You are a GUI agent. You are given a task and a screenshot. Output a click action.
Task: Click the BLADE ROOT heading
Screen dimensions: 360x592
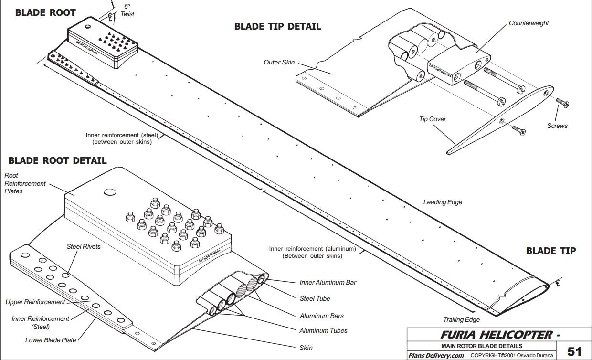click(x=45, y=13)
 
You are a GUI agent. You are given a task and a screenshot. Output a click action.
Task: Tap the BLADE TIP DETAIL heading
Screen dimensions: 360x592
click(x=277, y=27)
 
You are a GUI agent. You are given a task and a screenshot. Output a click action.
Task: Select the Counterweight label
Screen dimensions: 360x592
click(x=529, y=23)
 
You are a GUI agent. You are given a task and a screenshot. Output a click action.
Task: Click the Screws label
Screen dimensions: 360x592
click(x=557, y=126)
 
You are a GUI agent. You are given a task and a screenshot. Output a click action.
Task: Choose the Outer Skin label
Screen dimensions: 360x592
click(x=279, y=62)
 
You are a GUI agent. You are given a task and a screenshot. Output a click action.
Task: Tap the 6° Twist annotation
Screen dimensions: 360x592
click(x=127, y=11)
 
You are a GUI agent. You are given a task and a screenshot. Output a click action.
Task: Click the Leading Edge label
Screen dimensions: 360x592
click(x=443, y=202)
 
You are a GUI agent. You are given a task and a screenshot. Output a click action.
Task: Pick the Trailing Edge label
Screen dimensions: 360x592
click(x=461, y=319)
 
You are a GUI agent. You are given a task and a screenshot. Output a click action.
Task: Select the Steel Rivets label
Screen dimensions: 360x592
click(x=84, y=247)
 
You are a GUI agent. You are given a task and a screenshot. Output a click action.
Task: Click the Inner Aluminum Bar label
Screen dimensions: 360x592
click(x=328, y=282)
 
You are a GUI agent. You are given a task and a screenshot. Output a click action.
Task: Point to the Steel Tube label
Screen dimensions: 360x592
click(x=315, y=298)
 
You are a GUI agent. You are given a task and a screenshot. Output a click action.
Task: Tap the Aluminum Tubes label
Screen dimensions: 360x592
click(x=323, y=330)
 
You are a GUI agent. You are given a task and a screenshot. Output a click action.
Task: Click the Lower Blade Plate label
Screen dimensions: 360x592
click(x=51, y=340)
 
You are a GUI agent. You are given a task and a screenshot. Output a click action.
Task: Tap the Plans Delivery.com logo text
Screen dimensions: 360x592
click(x=436, y=355)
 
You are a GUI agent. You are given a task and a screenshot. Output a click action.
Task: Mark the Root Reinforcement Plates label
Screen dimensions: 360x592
click(x=25, y=183)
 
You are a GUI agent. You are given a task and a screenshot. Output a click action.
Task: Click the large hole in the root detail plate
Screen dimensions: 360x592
click(x=110, y=192)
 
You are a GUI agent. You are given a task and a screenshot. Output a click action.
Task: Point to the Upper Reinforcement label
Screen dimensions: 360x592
click(x=35, y=302)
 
